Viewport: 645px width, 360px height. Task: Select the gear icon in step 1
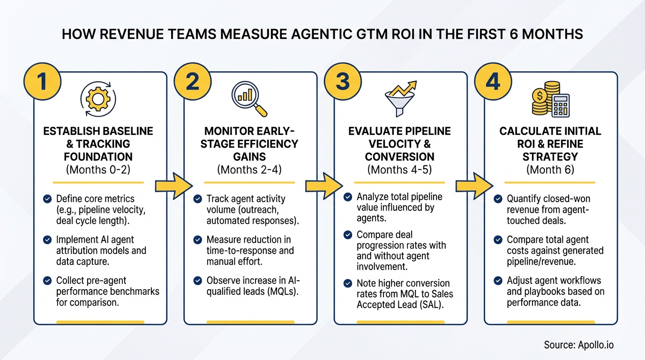(98, 98)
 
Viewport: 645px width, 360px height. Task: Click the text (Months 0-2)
(98, 170)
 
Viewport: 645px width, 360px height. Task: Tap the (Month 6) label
(550, 170)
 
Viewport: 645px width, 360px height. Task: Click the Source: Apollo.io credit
(578, 345)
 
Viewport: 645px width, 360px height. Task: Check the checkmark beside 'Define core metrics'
(47, 199)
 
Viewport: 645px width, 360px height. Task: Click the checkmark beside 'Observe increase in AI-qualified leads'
(198, 280)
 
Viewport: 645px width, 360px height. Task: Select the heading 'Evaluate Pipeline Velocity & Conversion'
(399, 144)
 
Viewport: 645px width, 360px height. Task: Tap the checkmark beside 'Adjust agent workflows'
(498, 280)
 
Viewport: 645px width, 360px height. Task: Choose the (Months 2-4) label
(249, 170)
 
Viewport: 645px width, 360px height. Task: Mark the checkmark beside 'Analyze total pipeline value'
(348, 197)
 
